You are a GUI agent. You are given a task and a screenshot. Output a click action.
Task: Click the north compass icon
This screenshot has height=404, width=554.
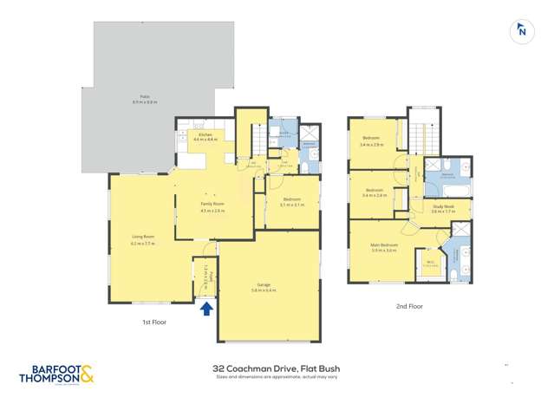coord(520,30)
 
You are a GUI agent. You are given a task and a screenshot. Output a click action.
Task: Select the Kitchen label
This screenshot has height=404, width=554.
coord(205,137)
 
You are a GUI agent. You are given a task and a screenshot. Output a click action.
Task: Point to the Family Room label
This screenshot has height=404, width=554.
coord(212,205)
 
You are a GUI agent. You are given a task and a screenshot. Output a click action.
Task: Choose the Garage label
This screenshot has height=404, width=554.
coord(264,286)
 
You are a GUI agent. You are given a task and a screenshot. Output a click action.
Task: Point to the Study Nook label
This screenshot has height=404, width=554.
coord(443,207)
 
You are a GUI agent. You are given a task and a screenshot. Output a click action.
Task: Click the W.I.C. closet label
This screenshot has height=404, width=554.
coord(431,263)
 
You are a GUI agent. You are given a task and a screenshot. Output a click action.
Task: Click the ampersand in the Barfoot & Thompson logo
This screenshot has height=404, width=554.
coord(89,375)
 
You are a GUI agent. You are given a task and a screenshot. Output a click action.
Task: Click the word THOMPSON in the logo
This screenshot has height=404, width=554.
coord(49,380)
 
